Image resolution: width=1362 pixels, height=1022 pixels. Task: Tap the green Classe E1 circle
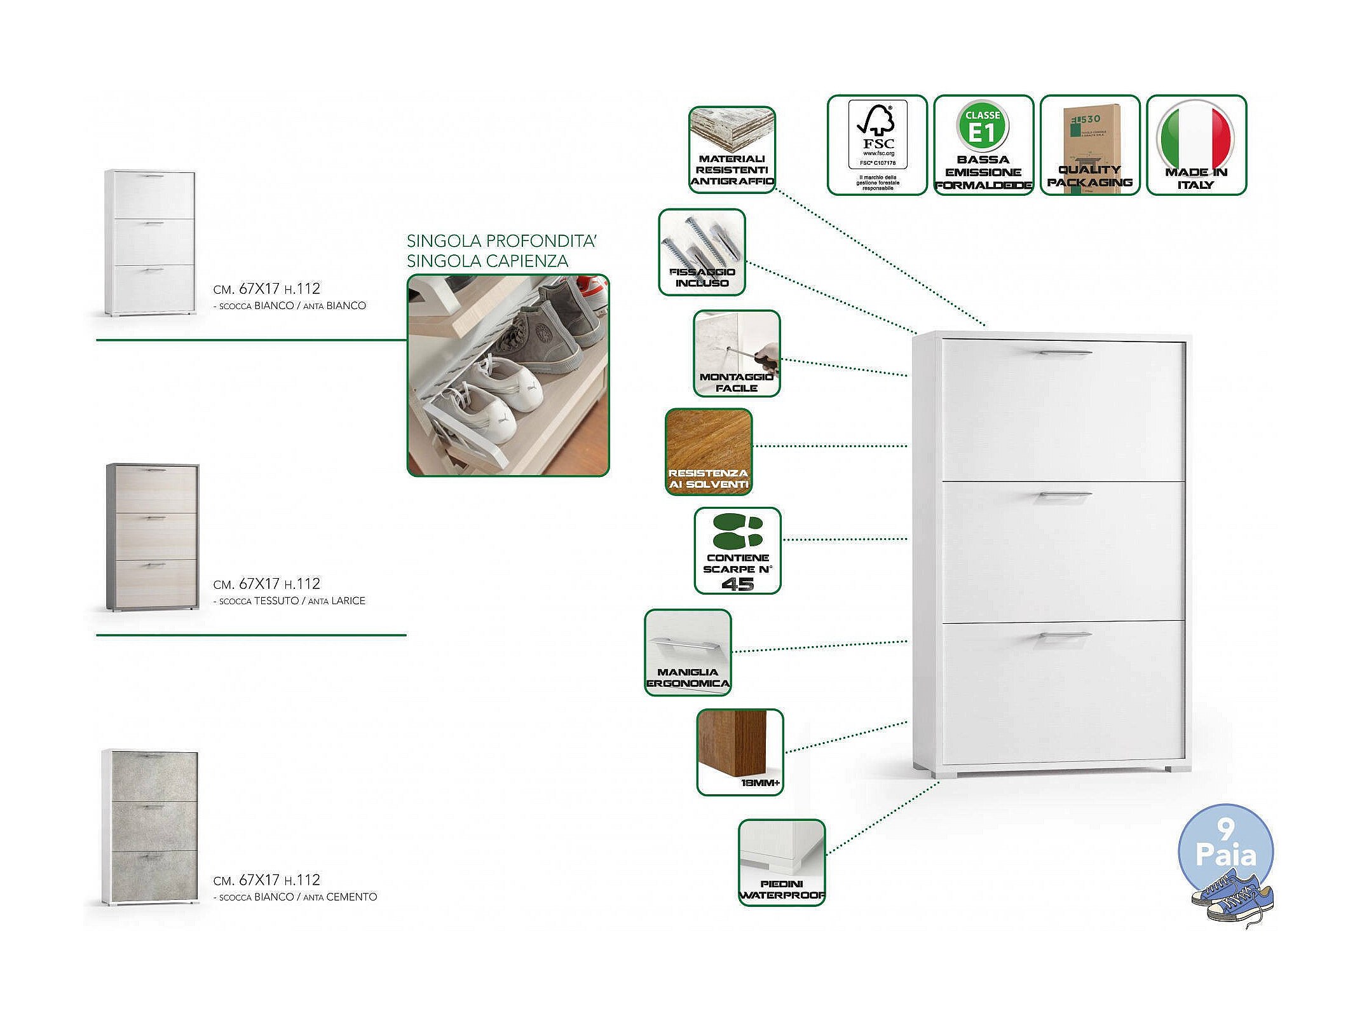pos(983,127)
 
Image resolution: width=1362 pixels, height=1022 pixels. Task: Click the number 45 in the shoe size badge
pos(738,584)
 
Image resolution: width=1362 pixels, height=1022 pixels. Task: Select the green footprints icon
pos(738,531)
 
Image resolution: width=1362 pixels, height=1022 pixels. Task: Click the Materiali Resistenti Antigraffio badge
pos(732,150)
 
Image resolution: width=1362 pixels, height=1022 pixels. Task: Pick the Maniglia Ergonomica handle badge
pos(688,653)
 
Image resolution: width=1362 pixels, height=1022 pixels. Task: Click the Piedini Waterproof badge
pos(782,862)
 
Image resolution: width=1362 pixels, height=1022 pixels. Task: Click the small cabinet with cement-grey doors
pos(151,827)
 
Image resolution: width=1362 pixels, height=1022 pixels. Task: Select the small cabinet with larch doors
pos(153,537)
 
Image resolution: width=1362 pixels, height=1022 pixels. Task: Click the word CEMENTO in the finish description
pos(351,897)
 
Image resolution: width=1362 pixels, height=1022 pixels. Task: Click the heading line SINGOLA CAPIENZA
pos(487,261)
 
